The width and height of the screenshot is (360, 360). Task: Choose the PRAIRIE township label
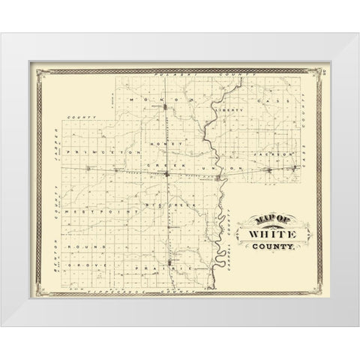pos(161,268)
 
